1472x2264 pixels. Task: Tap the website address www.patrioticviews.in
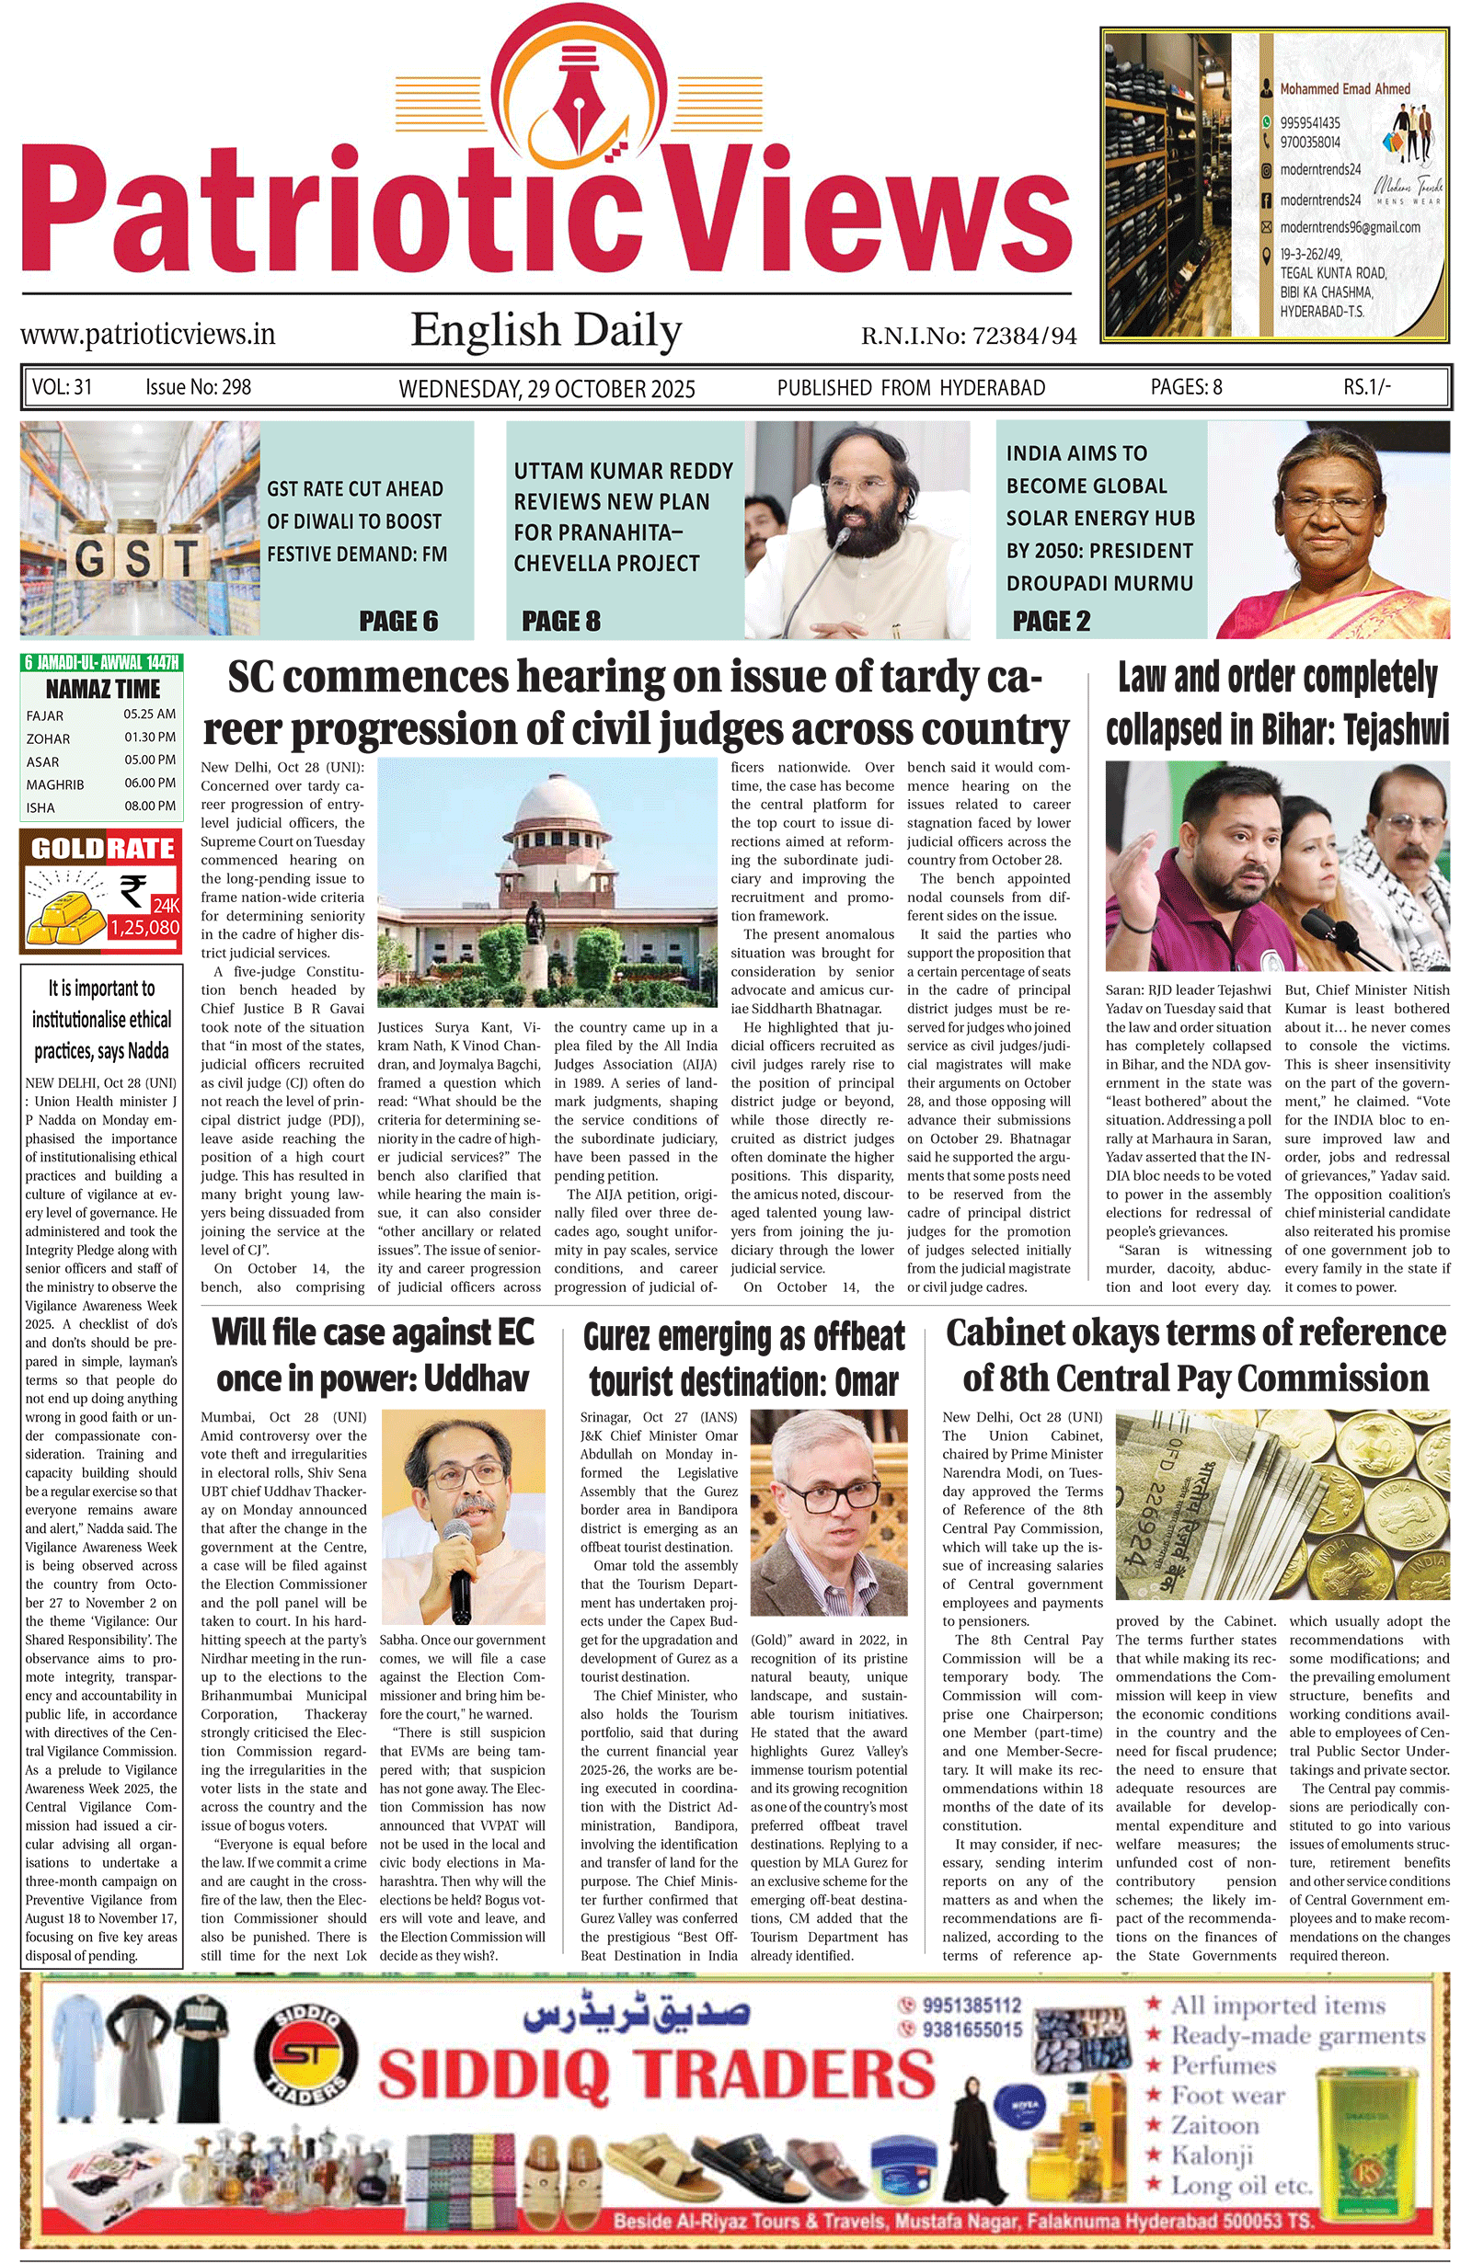(147, 334)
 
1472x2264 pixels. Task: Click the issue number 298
(236, 387)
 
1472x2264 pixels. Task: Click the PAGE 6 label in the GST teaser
(397, 621)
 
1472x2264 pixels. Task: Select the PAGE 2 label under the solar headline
(1051, 621)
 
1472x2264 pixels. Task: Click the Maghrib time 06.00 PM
(149, 783)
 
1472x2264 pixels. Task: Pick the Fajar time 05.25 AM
(149, 715)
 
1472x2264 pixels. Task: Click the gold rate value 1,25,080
(144, 928)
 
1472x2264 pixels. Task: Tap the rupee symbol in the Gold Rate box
(134, 891)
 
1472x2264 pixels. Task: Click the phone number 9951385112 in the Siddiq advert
(971, 2006)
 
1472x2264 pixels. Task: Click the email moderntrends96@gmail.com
(1350, 227)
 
